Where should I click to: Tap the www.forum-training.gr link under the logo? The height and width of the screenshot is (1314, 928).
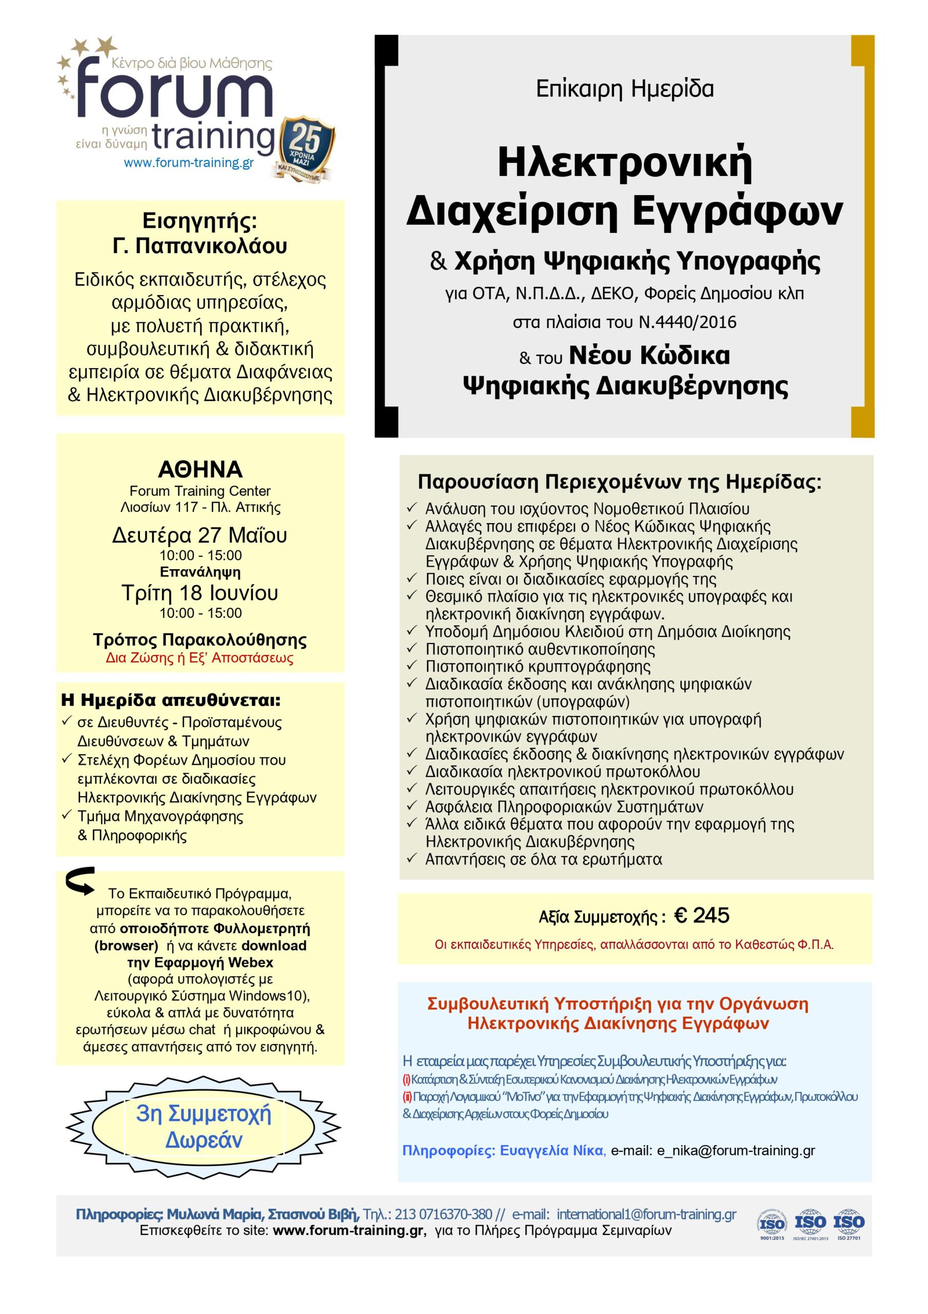click(188, 163)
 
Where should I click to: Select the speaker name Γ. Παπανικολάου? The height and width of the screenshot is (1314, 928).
click(200, 246)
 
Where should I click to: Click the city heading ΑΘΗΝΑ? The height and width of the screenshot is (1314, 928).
click(200, 470)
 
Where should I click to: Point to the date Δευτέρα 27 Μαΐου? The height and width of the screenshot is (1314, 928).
click(200, 536)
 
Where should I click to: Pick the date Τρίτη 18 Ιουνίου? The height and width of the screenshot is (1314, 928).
click(200, 593)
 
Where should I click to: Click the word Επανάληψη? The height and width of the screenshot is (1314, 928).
click(200, 572)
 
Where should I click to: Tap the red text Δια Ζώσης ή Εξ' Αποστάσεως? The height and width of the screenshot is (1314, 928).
click(200, 658)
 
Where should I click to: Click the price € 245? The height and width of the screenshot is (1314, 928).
click(701, 916)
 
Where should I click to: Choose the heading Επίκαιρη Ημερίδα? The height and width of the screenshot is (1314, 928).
click(624, 89)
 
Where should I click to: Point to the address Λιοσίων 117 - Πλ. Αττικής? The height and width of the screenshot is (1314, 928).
click(200, 508)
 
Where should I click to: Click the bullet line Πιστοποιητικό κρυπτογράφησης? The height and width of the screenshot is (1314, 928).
click(538, 667)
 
